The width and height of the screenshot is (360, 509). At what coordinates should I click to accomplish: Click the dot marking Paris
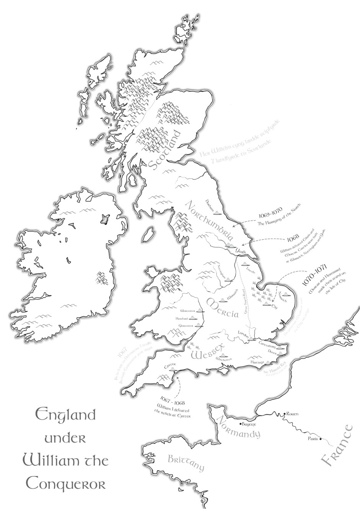(321, 439)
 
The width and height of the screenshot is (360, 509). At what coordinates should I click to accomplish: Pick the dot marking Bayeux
(240, 424)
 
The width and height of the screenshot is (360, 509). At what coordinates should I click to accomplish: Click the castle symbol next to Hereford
(196, 318)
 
